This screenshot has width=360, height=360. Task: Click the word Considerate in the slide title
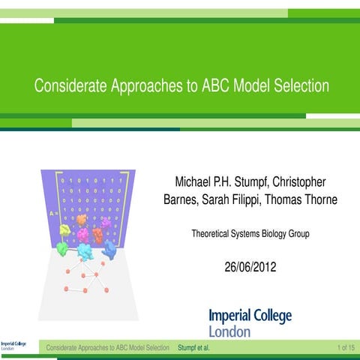click(x=68, y=86)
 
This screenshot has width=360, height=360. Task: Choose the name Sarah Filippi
click(x=226, y=200)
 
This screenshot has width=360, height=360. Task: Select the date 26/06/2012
click(x=250, y=266)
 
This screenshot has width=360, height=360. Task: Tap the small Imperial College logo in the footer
click(x=13, y=347)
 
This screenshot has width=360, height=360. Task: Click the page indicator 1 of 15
click(x=346, y=348)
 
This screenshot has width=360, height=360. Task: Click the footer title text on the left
click(x=107, y=348)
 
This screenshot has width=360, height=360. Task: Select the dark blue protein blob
click(x=110, y=249)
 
